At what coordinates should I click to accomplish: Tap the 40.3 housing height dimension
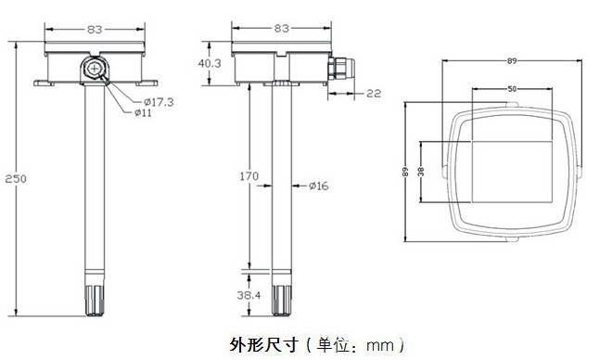tap(210, 64)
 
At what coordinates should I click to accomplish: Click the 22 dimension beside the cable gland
tap(373, 93)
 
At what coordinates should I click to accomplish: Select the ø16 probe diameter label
tap(317, 186)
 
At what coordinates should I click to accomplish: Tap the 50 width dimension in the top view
tap(511, 89)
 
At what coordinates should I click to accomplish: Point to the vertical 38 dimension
tap(421, 172)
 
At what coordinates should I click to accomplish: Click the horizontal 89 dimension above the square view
tap(511, 61)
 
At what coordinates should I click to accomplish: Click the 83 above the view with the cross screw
tap(94, 30)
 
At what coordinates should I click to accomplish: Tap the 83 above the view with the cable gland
tap(281, 30)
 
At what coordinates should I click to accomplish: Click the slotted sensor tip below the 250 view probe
tap(94, 296)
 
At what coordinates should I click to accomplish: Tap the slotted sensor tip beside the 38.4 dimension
tap(281, 296)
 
